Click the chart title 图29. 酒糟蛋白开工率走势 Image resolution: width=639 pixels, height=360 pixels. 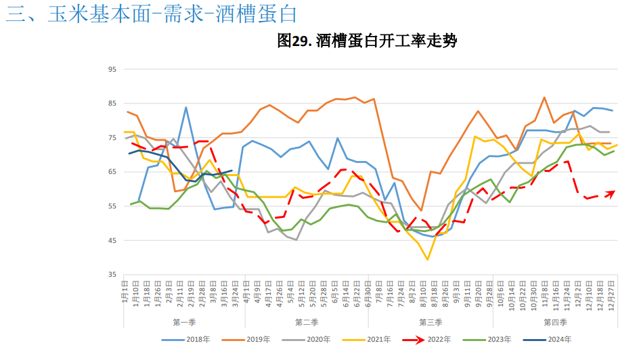[x=368, y=42]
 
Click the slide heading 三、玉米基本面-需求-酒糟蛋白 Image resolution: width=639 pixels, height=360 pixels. [x=152, y=14]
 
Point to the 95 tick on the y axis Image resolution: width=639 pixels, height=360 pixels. [x=112, y=69]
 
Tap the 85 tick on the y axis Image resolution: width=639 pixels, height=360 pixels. [x=112, y=104]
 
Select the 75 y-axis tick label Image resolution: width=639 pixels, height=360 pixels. [x=112, y=138]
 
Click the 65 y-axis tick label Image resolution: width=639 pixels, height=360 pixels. [x=112, y=172]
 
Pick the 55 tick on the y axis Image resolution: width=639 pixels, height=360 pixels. [x=112, y=206]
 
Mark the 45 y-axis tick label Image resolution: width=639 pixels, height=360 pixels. [x=112, y=241]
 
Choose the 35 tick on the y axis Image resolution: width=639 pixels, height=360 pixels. [x=112, y=275]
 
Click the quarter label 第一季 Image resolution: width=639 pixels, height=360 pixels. [x=185, y=322]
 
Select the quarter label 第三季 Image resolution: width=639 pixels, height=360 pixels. [x=431, y=322]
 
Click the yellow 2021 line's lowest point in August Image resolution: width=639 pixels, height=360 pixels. [x=428, y=259]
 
